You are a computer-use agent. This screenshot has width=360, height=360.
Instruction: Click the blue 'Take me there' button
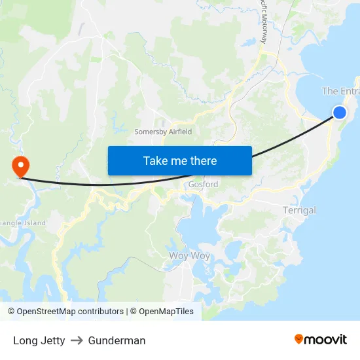(179, 160)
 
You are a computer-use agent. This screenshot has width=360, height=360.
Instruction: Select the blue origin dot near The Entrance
(340, 113)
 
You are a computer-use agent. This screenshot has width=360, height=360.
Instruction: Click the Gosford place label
(203, 185)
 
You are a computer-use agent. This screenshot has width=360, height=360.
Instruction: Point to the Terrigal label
(299, 211)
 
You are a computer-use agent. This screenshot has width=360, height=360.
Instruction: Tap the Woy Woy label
(189, 256)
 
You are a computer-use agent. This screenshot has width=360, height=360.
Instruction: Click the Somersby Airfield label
(163, 132)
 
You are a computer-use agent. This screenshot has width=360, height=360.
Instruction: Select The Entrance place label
(340, 92)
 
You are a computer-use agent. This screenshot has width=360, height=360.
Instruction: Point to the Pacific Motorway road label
(263, 23)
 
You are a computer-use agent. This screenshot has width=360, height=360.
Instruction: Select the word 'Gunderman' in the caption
(117, 340)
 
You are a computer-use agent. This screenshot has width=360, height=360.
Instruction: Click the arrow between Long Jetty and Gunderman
(77, 340)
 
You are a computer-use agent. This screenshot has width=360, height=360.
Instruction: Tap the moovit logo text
(326, 339)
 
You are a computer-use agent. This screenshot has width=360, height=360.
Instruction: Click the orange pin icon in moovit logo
(299, 339)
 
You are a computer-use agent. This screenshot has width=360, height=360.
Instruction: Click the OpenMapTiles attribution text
(165, 312)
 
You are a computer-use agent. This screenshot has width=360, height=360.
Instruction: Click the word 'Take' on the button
(155, 160)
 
